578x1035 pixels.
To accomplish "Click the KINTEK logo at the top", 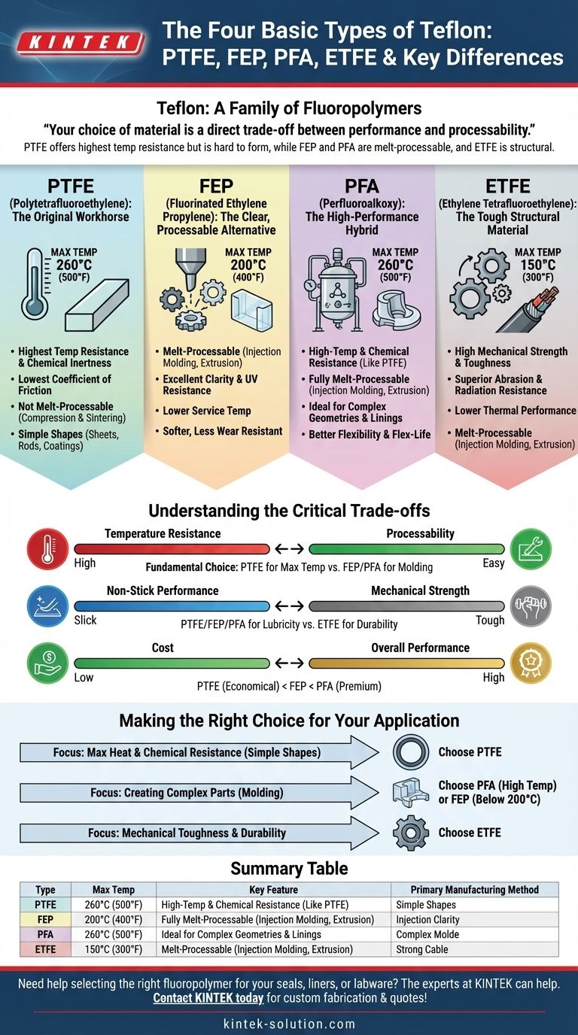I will [79, 43].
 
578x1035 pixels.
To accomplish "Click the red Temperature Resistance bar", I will [171, 548].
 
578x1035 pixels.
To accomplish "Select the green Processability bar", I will [406, 548].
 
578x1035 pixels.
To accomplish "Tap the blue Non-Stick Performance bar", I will [171, 606].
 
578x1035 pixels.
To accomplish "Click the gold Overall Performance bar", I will [406, 663].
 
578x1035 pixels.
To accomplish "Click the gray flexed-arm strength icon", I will [531, 606].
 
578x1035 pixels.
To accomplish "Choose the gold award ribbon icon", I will [531, 663].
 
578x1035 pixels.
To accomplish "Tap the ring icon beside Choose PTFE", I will [411, 752].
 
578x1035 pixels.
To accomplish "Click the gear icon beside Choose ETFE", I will [411, 833].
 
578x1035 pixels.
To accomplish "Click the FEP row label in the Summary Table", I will [45, 919].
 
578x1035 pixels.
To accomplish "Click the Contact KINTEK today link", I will [208, 998].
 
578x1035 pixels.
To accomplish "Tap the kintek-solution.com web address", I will [289, 1024].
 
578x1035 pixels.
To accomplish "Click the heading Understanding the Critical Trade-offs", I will [289, 511].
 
